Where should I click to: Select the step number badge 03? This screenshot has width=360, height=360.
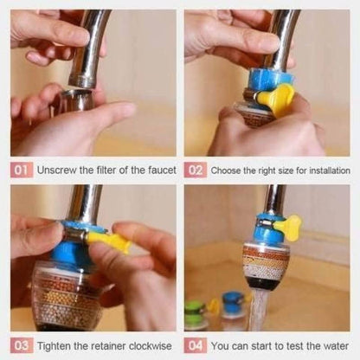(x=22, y=345)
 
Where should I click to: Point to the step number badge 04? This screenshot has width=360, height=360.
(x=197, y=345)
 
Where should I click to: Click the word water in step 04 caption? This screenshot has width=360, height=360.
(x=334, y=345)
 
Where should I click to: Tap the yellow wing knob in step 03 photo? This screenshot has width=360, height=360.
(x=109, y=242)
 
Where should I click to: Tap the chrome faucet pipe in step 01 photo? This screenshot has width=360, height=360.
(x=86, y=48)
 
